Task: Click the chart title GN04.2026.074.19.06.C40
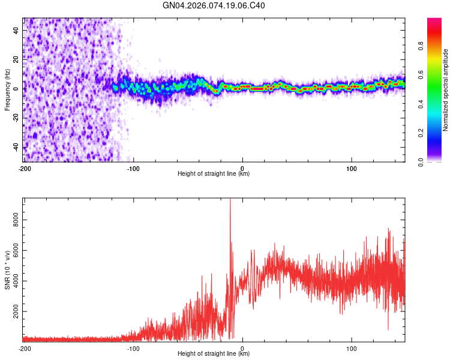[x=214, y=6]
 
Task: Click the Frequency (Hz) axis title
[x=7, y=90]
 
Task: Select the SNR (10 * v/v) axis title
[x=7, y=270]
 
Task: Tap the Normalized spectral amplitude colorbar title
[x=446, y=90]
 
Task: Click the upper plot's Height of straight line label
[x=214, y=173]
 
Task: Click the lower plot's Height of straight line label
[x=214, y=353]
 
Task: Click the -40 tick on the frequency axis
[x=16, y=148]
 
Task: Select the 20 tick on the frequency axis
[x=16, y=59]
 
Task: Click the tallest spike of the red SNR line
[x=230, y=200]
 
